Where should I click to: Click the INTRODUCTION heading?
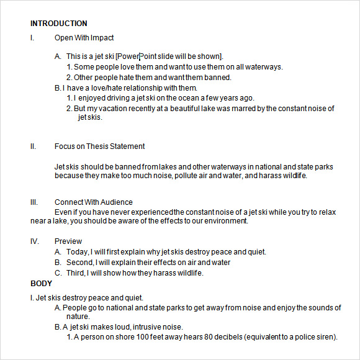tap(59, 24)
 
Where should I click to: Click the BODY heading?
tap(42, 284)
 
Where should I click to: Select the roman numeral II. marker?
tap(33, 146)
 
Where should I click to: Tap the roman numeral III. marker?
tap(34, 202)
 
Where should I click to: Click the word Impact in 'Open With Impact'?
tap(102, 38)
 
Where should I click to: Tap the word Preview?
tap(68, 241)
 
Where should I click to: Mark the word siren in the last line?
tap(326, 337)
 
